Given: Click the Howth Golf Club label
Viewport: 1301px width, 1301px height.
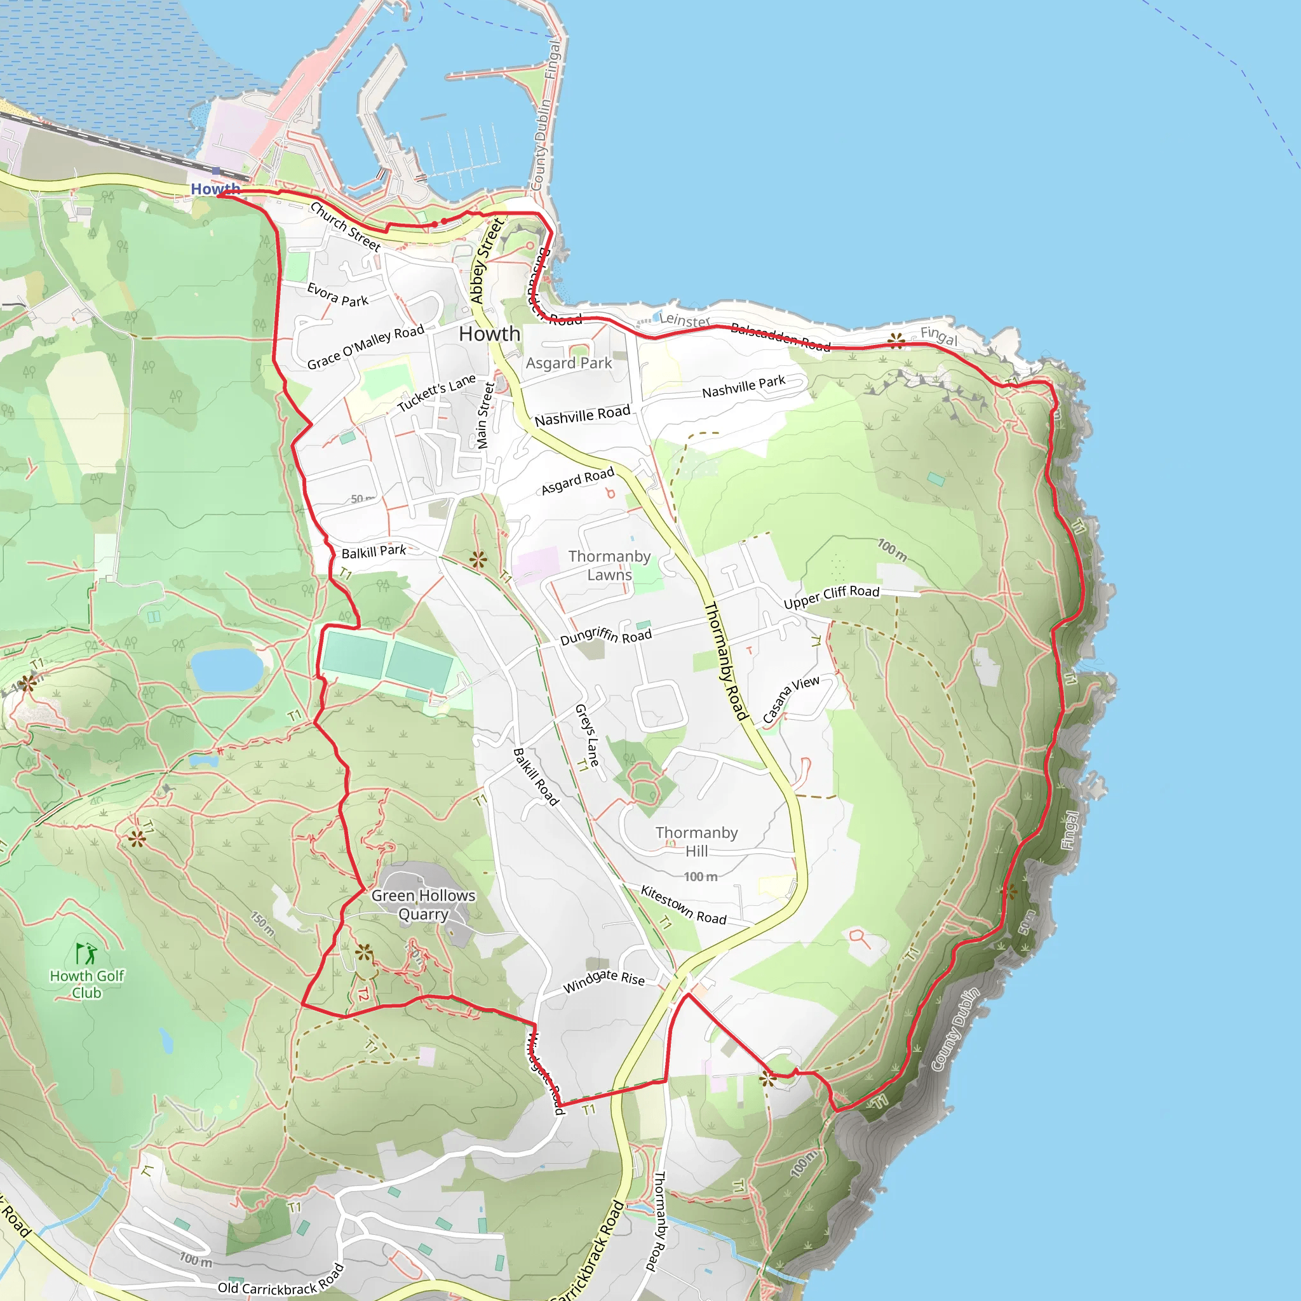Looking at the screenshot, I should [87, 984].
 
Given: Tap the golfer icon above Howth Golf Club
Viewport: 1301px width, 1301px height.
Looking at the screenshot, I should [86, 954].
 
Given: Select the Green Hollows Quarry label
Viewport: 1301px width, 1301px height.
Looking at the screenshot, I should [423, 905].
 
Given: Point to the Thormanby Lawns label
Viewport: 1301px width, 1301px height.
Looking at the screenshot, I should [609, 565].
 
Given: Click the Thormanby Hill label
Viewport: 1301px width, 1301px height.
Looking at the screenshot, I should [696, 842].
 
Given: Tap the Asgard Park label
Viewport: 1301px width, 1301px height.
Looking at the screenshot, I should [569, 363].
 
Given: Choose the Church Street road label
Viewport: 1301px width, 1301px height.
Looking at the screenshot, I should [346, 226].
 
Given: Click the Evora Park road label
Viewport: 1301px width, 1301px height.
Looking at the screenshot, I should [337, 294].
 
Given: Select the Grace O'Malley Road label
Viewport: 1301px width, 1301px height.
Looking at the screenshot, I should [366, 346].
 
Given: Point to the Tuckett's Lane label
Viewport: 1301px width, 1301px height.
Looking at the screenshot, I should [436, 393].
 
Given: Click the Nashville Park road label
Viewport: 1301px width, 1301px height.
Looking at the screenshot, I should [743, 386].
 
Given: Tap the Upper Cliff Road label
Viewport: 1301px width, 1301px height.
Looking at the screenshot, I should [831, 596].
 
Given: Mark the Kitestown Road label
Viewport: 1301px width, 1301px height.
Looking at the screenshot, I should [683, 905].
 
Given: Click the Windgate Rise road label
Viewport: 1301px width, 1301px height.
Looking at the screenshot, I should [603, 981].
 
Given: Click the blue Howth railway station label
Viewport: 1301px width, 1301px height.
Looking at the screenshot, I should [215, 189].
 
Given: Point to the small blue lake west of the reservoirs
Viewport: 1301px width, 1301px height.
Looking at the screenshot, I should [227, 670].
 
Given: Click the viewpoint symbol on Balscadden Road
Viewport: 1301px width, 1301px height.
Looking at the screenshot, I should [896, 340].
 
